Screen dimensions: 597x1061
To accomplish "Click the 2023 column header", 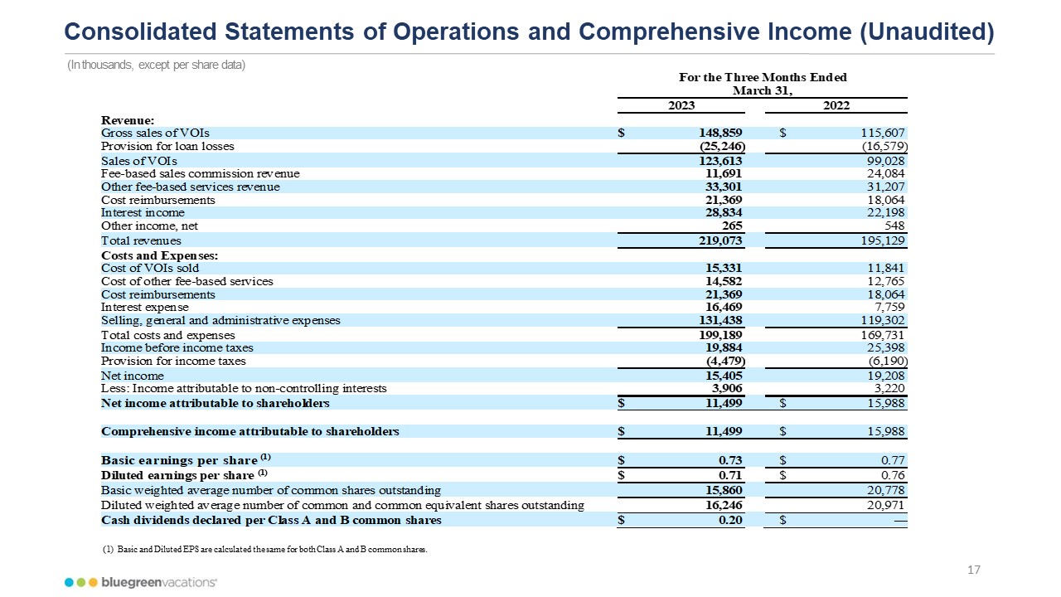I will coord(681,105).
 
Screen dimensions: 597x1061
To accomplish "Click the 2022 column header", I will coord(836,105).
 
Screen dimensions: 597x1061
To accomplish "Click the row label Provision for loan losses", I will coord(167,146).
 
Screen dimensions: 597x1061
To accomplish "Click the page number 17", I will coord(974,570).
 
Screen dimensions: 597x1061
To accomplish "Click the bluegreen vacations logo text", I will coord(157,582).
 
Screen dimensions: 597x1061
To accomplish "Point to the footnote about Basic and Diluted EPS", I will coord(264,549).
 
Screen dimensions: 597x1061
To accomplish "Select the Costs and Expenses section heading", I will coord(160,255).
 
